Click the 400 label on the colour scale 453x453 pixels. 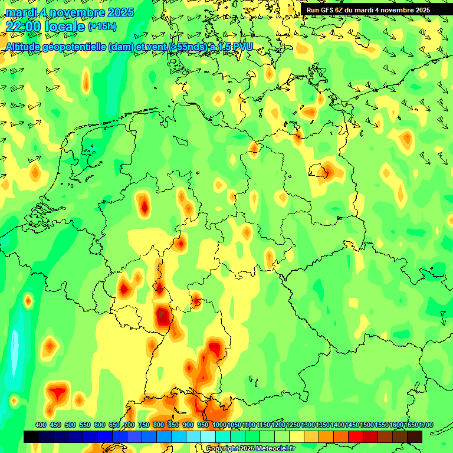pos(41,425)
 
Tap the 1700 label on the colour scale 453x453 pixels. pos(411,425)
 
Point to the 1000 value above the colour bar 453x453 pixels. pos(219,425)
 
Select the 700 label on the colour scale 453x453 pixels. pos(129,425)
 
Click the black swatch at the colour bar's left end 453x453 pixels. pos(31,437)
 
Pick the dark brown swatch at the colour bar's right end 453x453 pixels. pos(415,437)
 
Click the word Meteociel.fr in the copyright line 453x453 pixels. pos(274,449)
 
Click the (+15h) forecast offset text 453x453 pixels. pos(103,27)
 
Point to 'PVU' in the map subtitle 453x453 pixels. pos(240,47)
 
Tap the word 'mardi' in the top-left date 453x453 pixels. pos(19,12)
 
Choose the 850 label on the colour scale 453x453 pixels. pos(173,425)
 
